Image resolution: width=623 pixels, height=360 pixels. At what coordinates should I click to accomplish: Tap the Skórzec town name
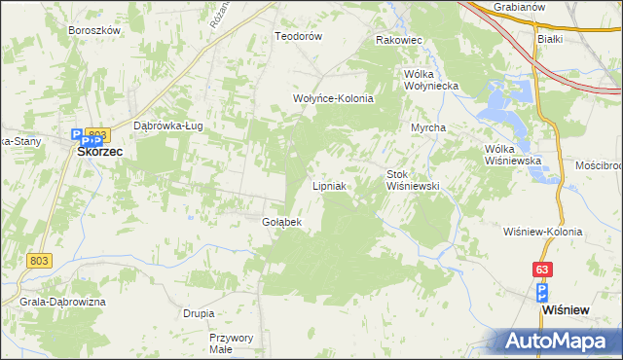(99, 153)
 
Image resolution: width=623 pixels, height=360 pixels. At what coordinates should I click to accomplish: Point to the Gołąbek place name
(282, 222)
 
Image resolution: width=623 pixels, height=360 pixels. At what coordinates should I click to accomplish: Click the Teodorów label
(298, 36)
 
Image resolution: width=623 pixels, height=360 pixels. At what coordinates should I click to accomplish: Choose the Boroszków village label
(94, 30)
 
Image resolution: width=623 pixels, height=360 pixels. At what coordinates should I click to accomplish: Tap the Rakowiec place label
(398, 41)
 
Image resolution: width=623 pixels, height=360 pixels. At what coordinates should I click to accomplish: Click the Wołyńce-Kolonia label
(334, 98)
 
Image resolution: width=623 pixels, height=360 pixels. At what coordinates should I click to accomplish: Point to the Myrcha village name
(428, 128)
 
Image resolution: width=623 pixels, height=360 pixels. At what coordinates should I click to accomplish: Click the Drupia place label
(199, 313)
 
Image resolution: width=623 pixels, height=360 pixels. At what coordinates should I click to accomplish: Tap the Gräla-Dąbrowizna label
(62, 303)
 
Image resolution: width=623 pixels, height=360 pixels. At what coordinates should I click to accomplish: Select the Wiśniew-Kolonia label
(543, 232)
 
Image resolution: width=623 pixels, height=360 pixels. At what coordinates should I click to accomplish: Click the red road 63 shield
(541, 268)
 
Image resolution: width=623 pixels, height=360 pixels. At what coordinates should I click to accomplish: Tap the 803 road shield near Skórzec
(95, 133)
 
